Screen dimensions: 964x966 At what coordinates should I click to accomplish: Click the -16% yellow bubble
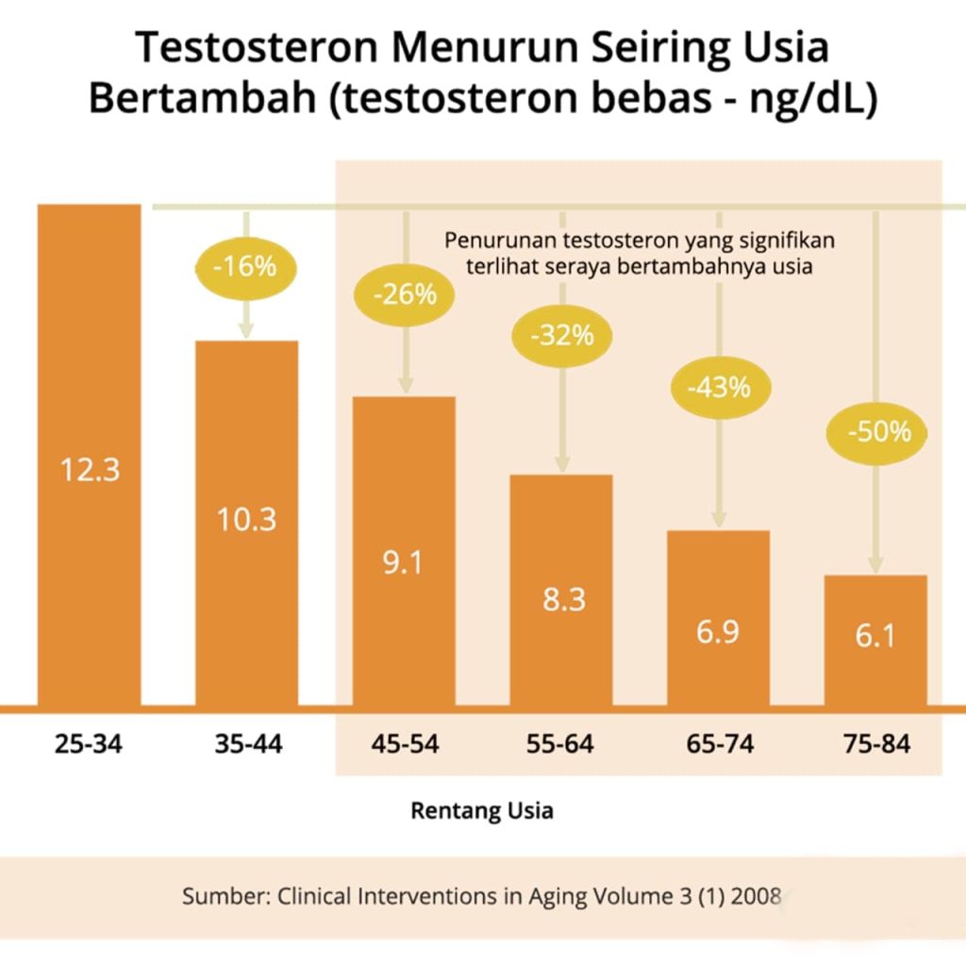point(245,266)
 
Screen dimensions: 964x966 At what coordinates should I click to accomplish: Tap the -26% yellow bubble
point(405,294)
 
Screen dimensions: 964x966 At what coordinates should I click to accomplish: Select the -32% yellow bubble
point(562,334)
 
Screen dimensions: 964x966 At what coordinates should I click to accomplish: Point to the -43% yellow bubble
point(719,386)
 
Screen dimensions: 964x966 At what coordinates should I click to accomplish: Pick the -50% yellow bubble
point(878,432)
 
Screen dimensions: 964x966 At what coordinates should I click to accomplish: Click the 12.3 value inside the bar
point(90,469)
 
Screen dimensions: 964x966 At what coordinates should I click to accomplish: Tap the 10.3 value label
point(246,519)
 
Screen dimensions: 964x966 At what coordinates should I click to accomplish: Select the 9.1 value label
point(403,562)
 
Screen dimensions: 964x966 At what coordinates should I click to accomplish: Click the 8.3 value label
point(562,599)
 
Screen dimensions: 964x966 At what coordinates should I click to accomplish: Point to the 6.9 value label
point(718,632)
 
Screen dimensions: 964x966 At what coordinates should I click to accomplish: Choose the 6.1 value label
point(875,637)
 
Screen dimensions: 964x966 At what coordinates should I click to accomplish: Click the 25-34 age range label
point(89,744)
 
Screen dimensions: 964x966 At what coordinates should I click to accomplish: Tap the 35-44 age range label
point(247,744)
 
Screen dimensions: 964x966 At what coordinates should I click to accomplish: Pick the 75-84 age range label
point(876,744)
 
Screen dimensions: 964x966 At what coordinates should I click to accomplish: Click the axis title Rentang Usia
point(482,810)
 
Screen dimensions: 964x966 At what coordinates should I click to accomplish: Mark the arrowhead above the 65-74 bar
point(719,520)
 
